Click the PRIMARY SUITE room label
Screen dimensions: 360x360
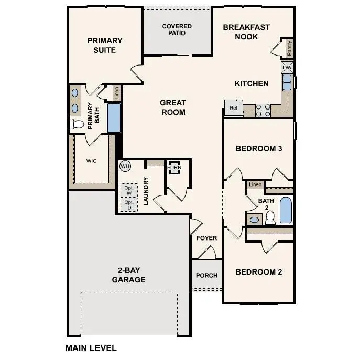tap(105, 45)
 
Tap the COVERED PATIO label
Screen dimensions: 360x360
tap(177, 29)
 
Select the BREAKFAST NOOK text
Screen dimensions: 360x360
tap(246, 32)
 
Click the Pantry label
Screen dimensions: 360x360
tap(289, 48)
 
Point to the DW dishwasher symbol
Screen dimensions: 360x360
tap(287, 68)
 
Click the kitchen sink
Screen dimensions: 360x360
tap(288, 82)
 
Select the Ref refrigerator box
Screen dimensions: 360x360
tap(233, 108)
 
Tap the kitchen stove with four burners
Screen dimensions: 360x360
tap(263, 110)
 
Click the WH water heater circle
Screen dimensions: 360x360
tap(125, 166)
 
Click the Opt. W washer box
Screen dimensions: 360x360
tap(129, 190)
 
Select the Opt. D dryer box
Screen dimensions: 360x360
tap(129, 205)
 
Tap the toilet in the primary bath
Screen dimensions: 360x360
tap(77, 124)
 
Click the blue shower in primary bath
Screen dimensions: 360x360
tap(114, 118)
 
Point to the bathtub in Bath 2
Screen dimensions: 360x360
tap(286, 210)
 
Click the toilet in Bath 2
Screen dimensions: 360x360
tap(270, 219)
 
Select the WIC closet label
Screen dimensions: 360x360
tap(92, 161)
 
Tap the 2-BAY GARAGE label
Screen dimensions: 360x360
tap(128, 275)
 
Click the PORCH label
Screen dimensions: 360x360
tap(206, 276)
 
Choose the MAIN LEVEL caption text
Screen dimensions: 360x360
tap(91, 347)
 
